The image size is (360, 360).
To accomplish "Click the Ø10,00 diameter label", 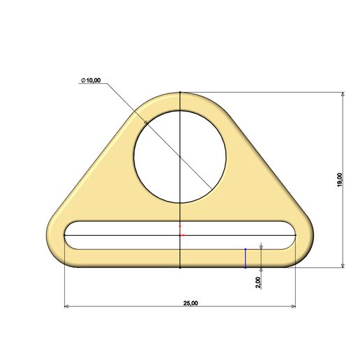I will coord(91,81).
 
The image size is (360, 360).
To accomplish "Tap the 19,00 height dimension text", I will coord(339,179).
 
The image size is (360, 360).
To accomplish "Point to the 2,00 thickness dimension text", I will coord(258,282).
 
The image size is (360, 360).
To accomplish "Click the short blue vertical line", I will coord(245,257).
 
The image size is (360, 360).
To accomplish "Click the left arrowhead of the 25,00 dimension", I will coord(68,306).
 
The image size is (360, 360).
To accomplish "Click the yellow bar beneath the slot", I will coord(140,257).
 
